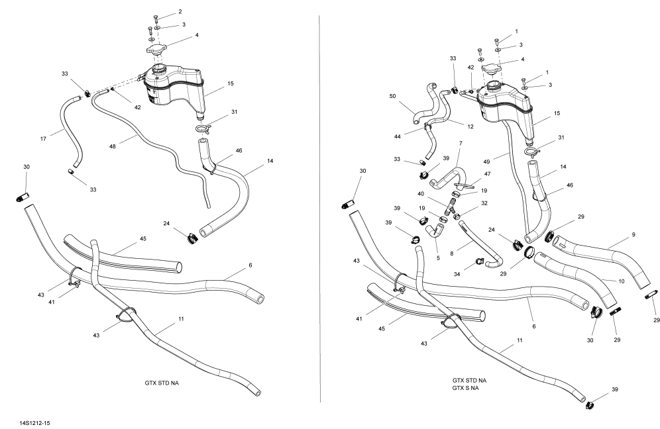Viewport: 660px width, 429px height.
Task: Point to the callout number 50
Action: [392, 97]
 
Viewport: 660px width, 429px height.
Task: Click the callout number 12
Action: [451, 126]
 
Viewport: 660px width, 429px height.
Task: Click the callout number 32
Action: [484, 203]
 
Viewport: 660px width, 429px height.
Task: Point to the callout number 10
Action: [621, 281]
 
